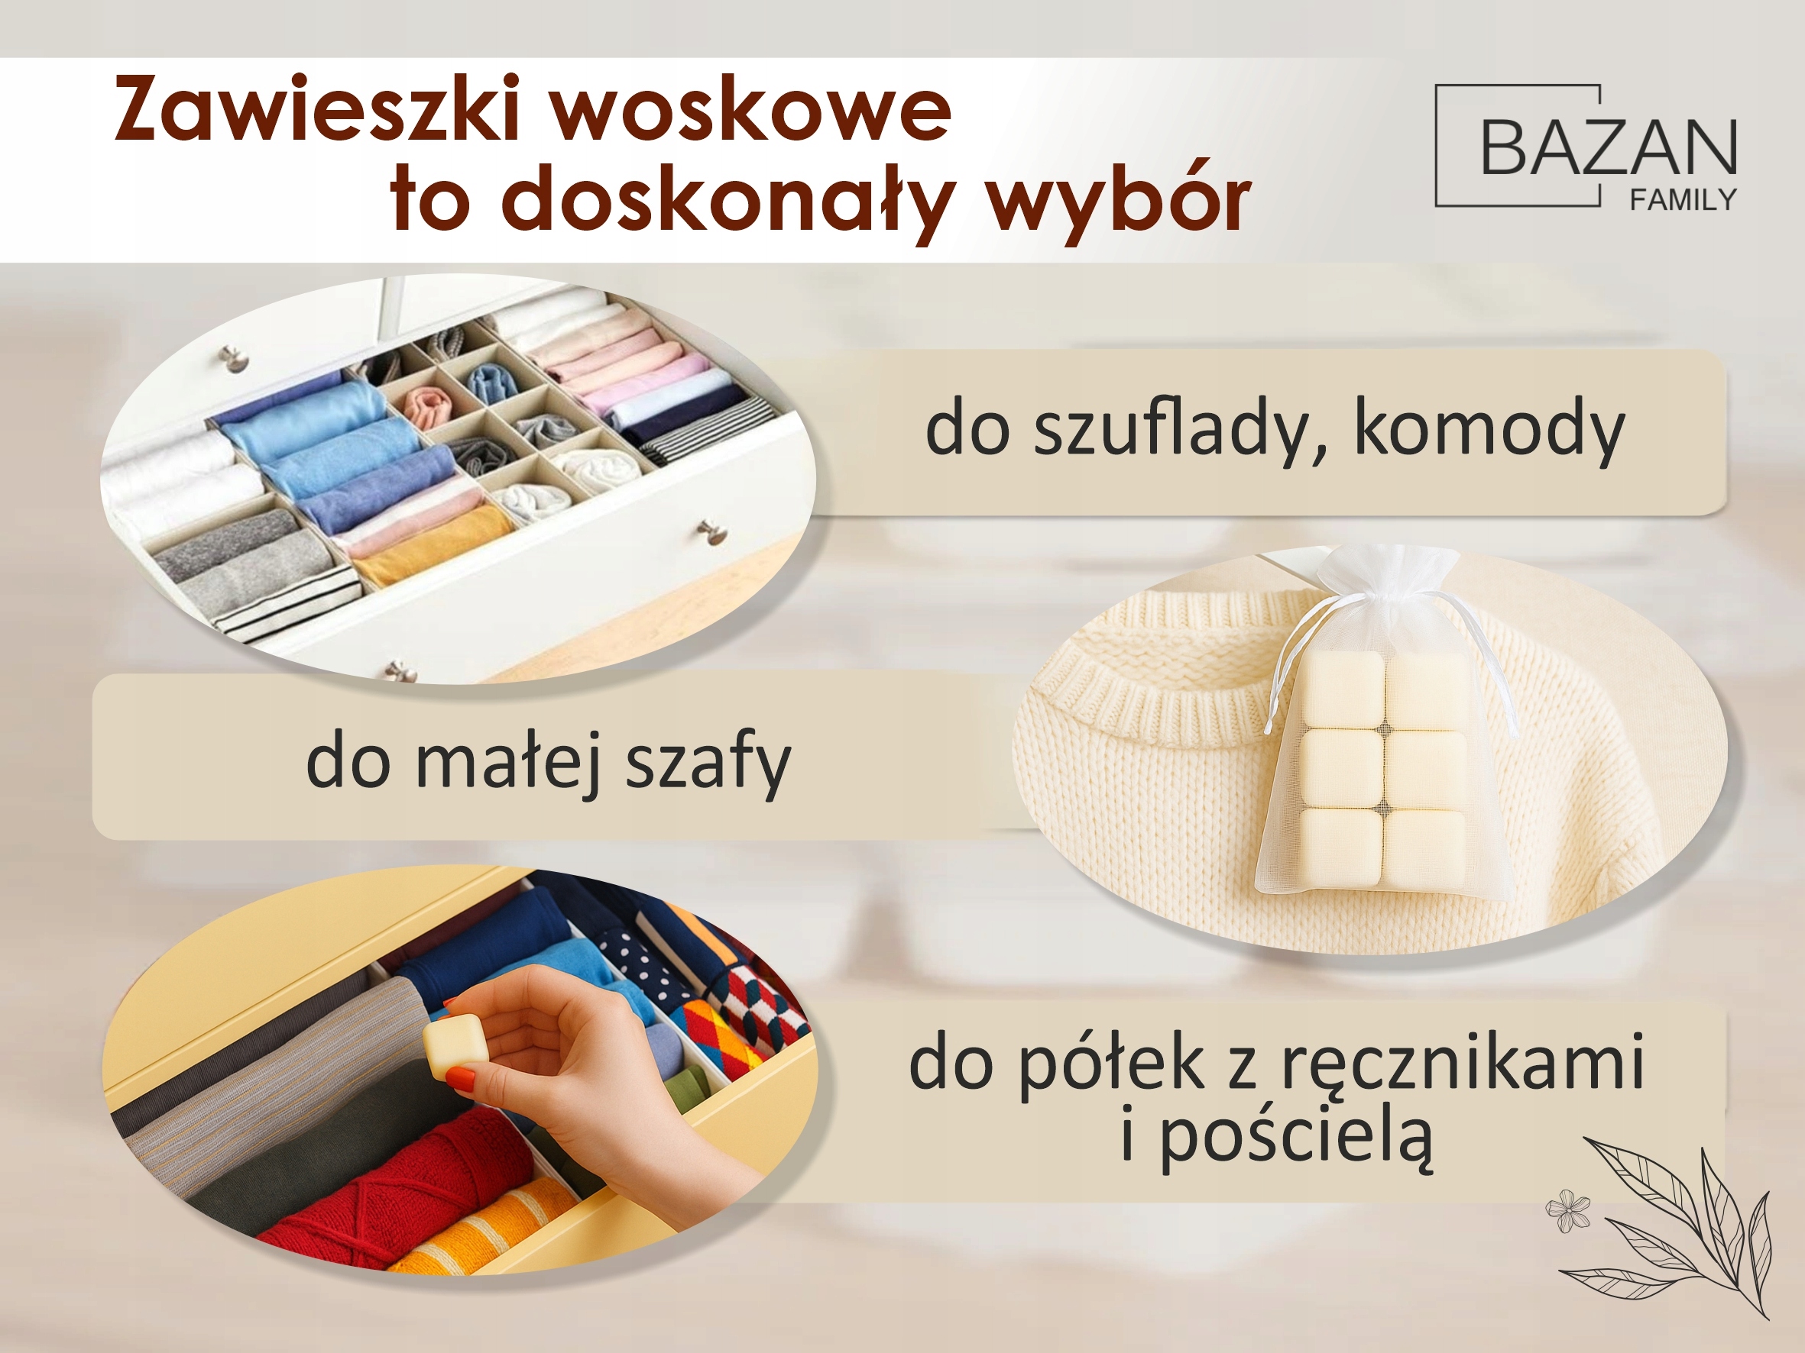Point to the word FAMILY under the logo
point(1683,200)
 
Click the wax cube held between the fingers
point(455,1049)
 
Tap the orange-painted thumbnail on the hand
point(462,1081)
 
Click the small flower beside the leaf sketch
point(1567,1210)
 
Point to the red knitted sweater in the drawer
point(384,1183)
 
